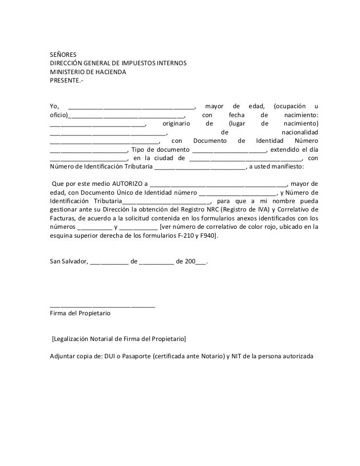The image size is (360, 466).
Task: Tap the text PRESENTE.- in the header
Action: (67, 82)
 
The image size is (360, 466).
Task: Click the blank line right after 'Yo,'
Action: (132, 107)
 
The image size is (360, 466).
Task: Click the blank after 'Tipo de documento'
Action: (229, 150)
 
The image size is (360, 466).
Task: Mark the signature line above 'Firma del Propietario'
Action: (102, 306)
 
